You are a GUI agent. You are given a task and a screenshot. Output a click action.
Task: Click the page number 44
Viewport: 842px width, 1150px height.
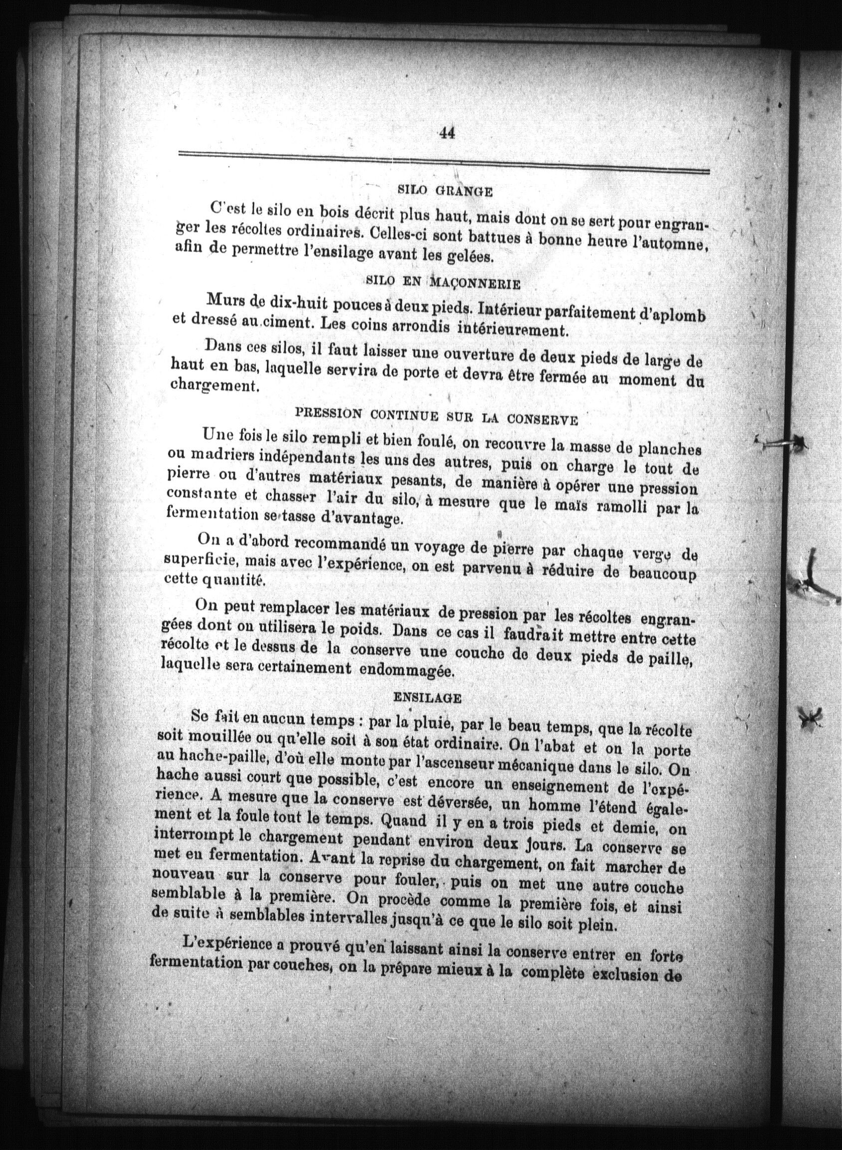click(446, 133)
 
